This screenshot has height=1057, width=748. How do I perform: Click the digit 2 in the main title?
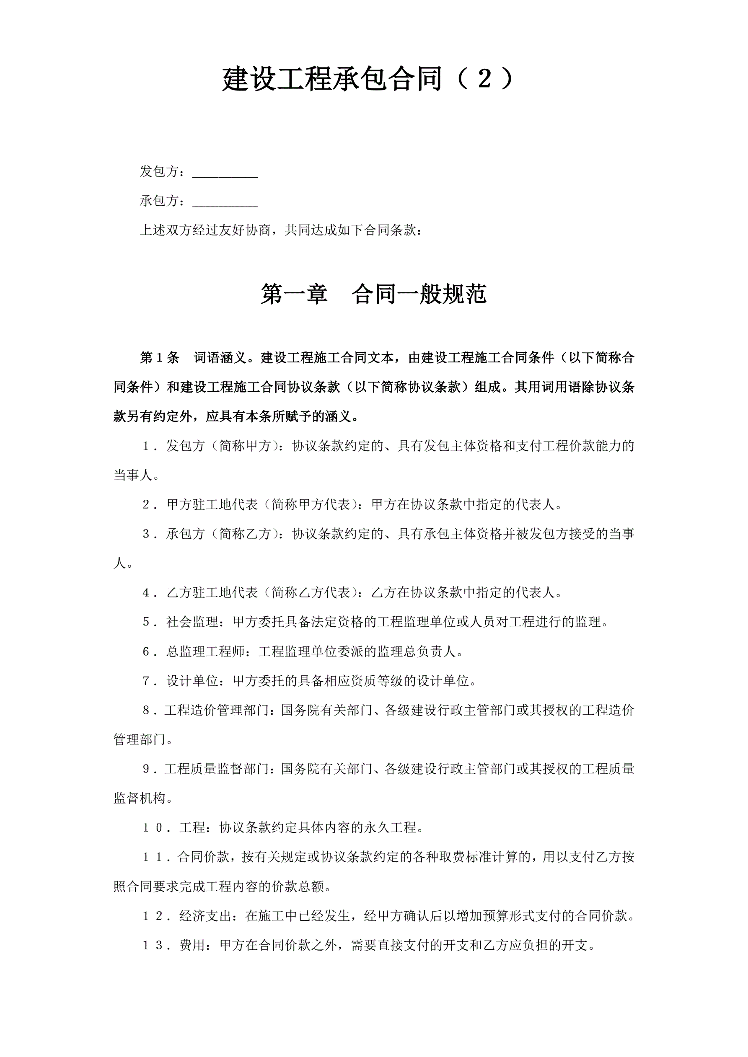coord(484,79)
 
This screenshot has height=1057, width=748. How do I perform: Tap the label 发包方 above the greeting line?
coord(159,172)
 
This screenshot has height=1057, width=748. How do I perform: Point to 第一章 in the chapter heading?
coord(294,294)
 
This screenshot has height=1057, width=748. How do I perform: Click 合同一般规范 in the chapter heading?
coord(419,294)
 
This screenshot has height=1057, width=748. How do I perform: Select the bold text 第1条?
coord(159,358)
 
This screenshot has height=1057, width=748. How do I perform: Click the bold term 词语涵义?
coord(220,358)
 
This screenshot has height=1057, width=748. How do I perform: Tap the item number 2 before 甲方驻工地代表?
coord(146,505)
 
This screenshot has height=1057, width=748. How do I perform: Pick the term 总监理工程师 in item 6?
coord(205,651)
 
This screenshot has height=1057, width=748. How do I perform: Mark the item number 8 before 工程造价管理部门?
coord(146,711)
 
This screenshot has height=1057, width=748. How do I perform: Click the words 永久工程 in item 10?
coord(390,828)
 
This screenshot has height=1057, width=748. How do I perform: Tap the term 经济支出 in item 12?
coord(205,916)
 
